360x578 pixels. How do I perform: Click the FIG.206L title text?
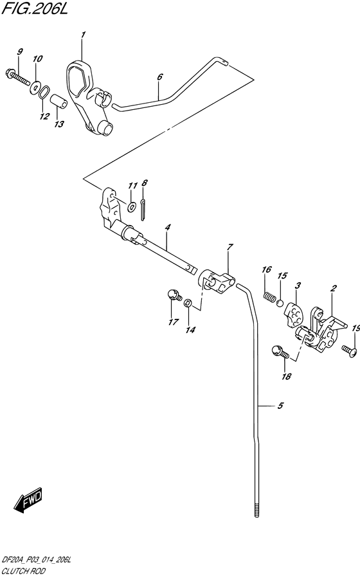click(x=35, y=8)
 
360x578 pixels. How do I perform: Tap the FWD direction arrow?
click(x=28, y=501)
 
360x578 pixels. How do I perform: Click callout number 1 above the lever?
click(x=83, y=35)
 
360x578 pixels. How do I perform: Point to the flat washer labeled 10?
click(x=36, y=87)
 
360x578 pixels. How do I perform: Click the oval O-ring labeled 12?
click(x=44, y=92)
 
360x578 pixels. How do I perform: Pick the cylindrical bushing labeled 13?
click(x=60, y=101)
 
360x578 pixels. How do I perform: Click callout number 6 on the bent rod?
click(x=159, y=77)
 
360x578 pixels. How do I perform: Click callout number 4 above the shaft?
click(x=167, y=228)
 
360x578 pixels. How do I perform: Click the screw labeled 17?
click(x=174, y=295)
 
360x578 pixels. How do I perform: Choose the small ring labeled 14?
click(x=188, y=303)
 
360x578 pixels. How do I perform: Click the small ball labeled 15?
click(x=280, y=303)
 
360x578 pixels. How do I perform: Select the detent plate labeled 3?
click(x=294, y=314)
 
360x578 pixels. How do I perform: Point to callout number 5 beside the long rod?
click(x=280, y=406)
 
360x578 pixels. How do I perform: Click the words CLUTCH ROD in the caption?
click(x=24, y=571)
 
